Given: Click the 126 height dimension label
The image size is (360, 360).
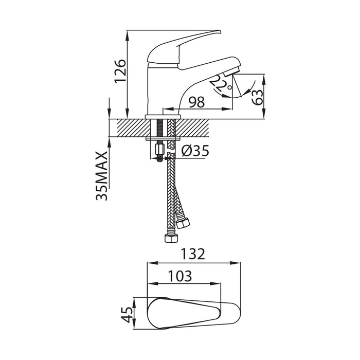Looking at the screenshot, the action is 120,71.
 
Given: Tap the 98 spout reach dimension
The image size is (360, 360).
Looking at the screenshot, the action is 197,102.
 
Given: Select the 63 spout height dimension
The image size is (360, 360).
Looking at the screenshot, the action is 257,97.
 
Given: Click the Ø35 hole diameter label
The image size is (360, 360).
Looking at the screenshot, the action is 195,151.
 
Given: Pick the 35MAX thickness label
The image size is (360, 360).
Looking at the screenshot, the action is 102,176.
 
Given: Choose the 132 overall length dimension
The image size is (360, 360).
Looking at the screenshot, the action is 193,254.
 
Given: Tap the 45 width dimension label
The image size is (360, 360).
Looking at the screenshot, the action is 127,315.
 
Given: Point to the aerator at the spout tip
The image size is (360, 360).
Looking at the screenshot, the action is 232,71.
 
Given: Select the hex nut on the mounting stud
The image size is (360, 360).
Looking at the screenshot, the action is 160,150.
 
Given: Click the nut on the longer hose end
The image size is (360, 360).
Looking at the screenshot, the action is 171,238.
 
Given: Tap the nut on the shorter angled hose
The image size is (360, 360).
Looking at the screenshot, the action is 183,222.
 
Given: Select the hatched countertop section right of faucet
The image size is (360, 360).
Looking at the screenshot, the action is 192,128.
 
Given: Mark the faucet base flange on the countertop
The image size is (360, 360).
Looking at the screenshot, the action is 163,117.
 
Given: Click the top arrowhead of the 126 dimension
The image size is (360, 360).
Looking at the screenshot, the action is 127,33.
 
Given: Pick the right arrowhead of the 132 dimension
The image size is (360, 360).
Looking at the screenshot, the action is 237,263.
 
